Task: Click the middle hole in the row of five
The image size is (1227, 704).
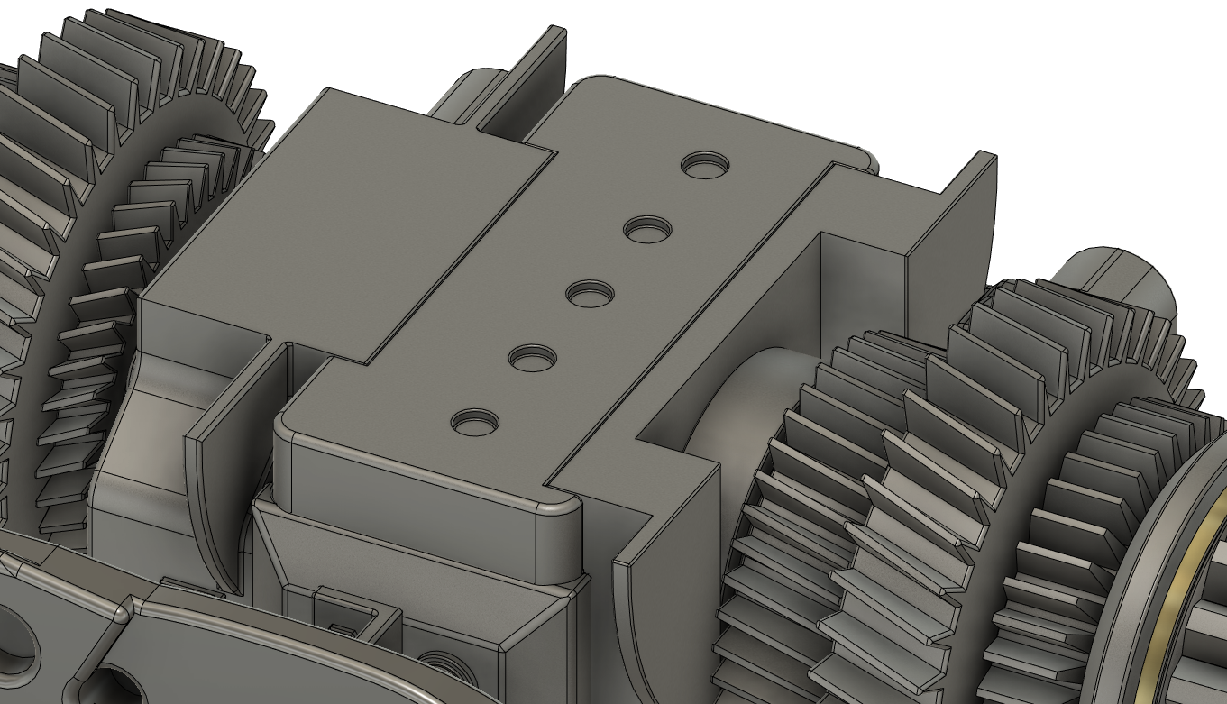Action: (x=591, y=294)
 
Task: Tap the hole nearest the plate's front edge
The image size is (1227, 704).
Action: (x=474, y=422)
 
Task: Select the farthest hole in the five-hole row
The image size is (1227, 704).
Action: (x=705, y=166)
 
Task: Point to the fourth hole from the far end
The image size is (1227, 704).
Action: (x=532, y=358)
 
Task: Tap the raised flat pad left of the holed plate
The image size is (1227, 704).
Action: (x=343, y=225)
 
